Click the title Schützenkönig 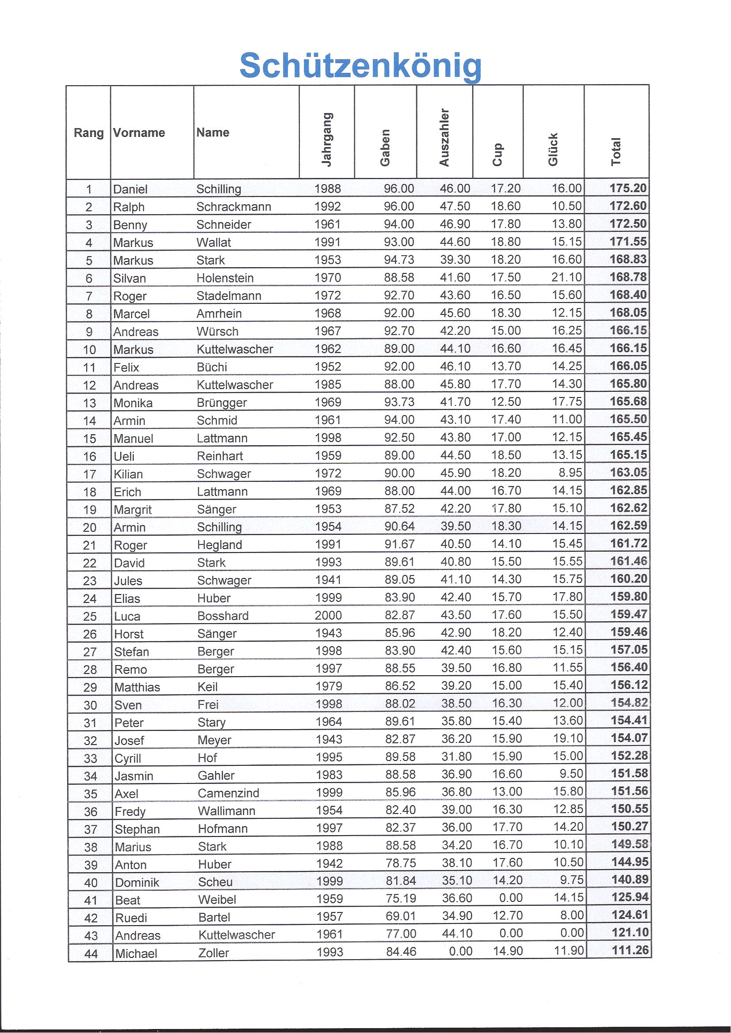tap(360, 66)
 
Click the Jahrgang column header tap(327, 140)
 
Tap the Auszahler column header tap(444, 138)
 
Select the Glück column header tap(553, 149)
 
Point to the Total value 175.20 tap(628, 188)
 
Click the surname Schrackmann tap(234, 207)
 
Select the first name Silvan tap(129, 278)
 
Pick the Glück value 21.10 tap(567, 277)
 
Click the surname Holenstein tap(225, 278)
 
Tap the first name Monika tap(133, 403)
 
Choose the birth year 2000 tap(328, 615)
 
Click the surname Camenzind tap(228, 793)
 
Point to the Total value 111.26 tap(630, 950)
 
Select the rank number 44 tap(91, 954)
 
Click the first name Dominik tap(137, 882)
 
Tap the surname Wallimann tap(227, 811)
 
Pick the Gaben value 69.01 tap(401, 916)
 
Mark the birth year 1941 tap(328, 580)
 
